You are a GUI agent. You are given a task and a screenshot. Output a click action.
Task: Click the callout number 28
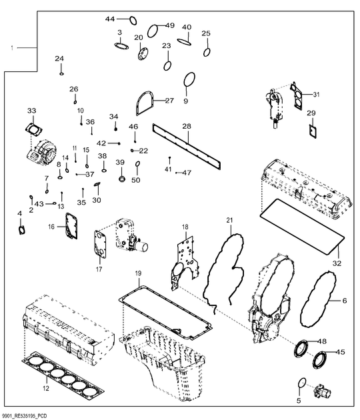(x=187, y=125)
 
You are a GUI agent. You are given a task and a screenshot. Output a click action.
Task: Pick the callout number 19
(x=138, y=274)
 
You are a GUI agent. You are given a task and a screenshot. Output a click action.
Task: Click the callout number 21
(x=229, y=220)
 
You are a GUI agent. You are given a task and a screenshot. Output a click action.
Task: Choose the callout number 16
(x=52, y=227)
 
